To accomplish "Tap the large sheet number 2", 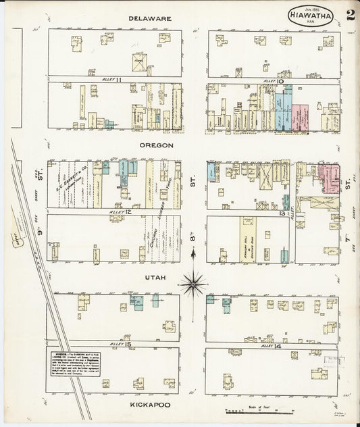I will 350,16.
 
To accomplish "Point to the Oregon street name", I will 157,145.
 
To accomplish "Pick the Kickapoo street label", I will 149,405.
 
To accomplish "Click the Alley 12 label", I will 119,212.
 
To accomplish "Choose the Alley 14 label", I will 270,345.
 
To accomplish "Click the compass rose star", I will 193,283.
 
